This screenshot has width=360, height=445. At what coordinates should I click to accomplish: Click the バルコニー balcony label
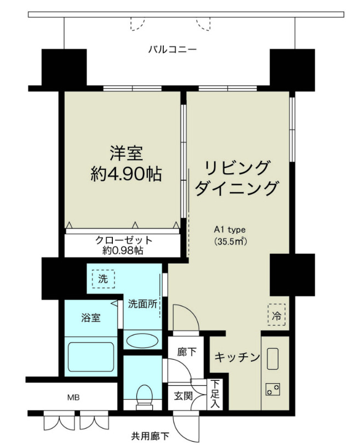[173, 50]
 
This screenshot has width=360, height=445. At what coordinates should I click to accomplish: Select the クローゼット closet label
[124, 240]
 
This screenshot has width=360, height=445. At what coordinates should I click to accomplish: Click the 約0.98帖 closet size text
[124, 250]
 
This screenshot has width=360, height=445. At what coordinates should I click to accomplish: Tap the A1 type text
[229, 230]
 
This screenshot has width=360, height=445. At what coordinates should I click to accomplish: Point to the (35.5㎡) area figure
[229, 241]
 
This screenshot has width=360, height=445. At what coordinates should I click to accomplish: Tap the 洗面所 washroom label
[143, 303]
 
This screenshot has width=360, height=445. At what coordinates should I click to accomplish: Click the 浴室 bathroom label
[91, 317]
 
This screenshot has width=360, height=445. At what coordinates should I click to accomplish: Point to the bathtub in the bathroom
[90, 357]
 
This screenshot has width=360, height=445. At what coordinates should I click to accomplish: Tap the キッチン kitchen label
[236, 357]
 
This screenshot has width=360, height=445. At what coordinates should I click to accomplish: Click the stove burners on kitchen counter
[272, 390]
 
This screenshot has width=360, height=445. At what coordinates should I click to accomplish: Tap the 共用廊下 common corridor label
[150, 437]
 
